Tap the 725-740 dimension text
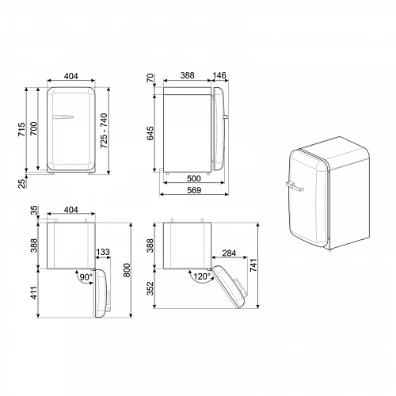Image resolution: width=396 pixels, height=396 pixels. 104,127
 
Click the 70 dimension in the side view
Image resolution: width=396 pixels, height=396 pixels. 150,78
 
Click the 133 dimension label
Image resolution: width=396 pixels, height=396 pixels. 104,253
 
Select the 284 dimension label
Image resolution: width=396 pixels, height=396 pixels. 230,253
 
